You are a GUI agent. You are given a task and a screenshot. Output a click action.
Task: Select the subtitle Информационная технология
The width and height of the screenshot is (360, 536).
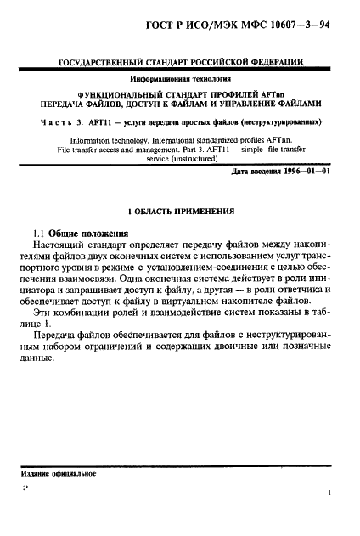point(179,79)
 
